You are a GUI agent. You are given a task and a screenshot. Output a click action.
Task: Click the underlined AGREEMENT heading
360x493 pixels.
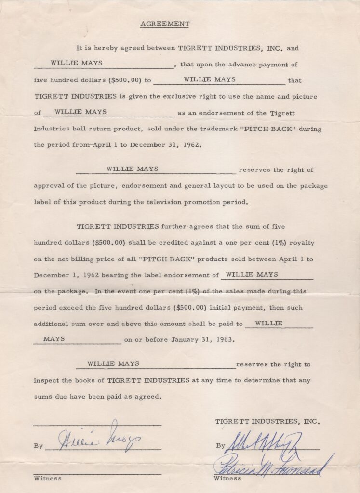click(165, 24)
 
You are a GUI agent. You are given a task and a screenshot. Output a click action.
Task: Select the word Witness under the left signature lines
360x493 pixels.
click(48, 478)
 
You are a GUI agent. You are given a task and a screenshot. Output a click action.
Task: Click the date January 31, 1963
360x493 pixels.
click(203, 339)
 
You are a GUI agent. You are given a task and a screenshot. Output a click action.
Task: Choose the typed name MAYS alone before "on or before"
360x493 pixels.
click(54, 339)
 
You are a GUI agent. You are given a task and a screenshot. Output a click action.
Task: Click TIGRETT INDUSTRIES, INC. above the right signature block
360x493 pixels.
click(267, 421)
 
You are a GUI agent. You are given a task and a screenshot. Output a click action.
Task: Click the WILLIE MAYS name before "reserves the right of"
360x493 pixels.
click(132, 169)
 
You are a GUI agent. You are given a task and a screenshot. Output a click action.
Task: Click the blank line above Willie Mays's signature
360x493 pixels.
click(97, 425)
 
